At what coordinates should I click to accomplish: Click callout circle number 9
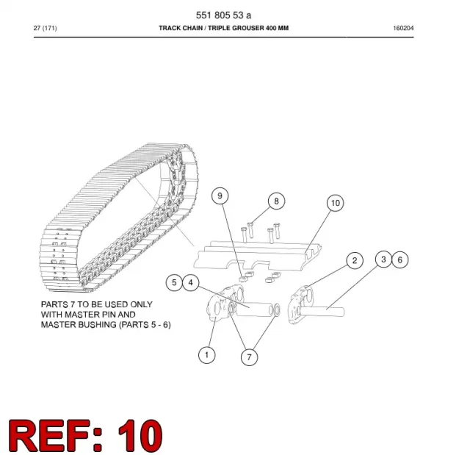[220, 196]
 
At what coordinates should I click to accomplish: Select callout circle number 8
[276, 201]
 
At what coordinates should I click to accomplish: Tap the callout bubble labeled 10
[335, 203]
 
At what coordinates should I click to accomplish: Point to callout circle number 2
[355, 260]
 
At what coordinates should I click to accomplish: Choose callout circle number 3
[383, 259]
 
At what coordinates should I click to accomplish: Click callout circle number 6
[399, 259]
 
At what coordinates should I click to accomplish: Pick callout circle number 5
[174, 282]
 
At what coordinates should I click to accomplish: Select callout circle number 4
[191, 282]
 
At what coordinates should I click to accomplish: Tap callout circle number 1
[206, 355]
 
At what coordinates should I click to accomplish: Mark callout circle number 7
[249, 357]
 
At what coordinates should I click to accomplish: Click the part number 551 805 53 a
[223, 15]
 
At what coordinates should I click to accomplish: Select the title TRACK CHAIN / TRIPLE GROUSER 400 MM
[223, 28]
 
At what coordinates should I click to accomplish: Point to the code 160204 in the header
[403, 28]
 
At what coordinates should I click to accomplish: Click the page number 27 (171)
[46, 28]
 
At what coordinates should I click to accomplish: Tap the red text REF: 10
[86, 435]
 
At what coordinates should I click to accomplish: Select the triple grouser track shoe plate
[257, 256]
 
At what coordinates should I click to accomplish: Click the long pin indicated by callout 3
[322, 311]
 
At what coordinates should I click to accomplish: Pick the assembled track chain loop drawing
[119, 218]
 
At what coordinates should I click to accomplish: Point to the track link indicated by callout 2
[300, 305]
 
